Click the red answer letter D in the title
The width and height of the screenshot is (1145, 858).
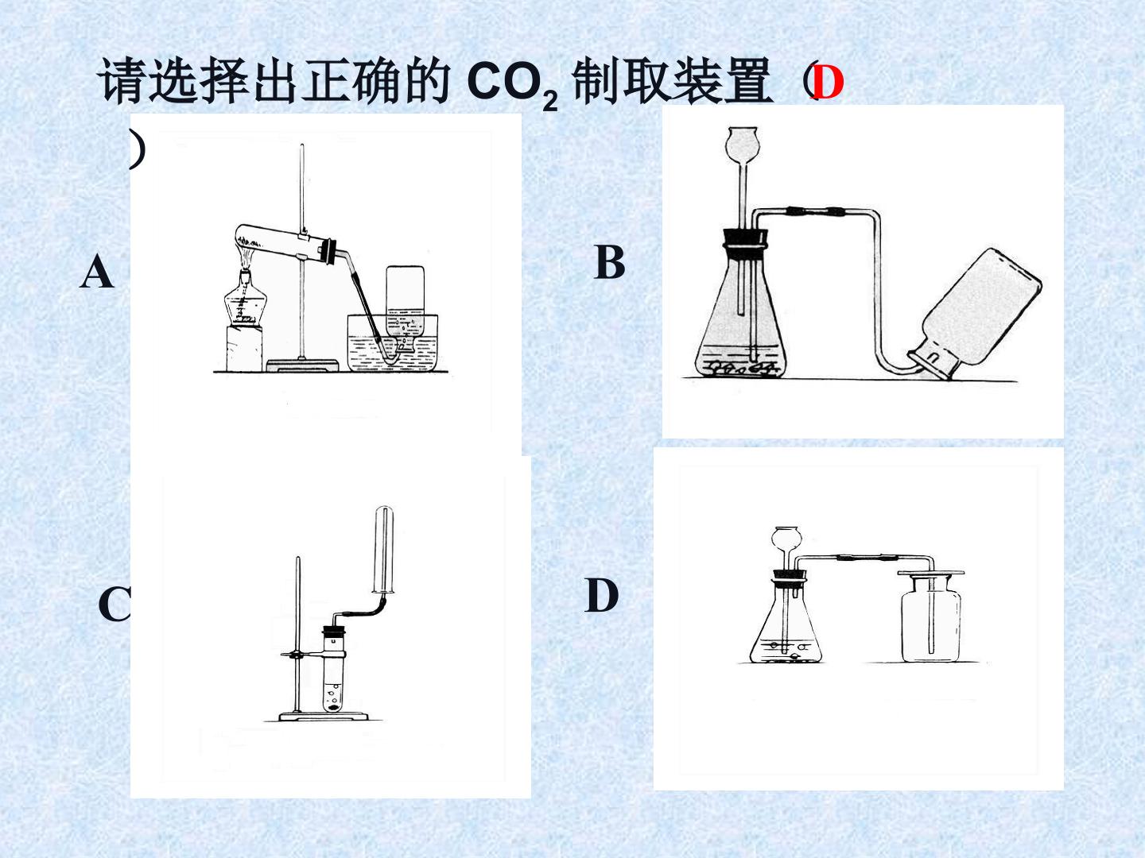coord(827,83)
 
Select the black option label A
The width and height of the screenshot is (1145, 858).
coord(96,272)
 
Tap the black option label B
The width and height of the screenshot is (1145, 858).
coord(610,262)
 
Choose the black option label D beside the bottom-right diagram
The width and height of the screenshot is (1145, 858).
coord(601,596)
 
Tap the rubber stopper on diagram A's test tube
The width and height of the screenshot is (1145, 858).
coord(330,250)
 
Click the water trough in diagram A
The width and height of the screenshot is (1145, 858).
coord(392,342)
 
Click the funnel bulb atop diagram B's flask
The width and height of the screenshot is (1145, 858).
coord(742,144)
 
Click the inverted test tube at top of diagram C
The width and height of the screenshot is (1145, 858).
coord(383,549)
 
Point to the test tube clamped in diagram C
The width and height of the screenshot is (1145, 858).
coord(333,671)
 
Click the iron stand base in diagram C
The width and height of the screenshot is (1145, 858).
coord(324,717)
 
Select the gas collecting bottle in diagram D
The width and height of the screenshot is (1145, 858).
coord(931,617)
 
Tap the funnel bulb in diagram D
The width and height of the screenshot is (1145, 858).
coord(787,539)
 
